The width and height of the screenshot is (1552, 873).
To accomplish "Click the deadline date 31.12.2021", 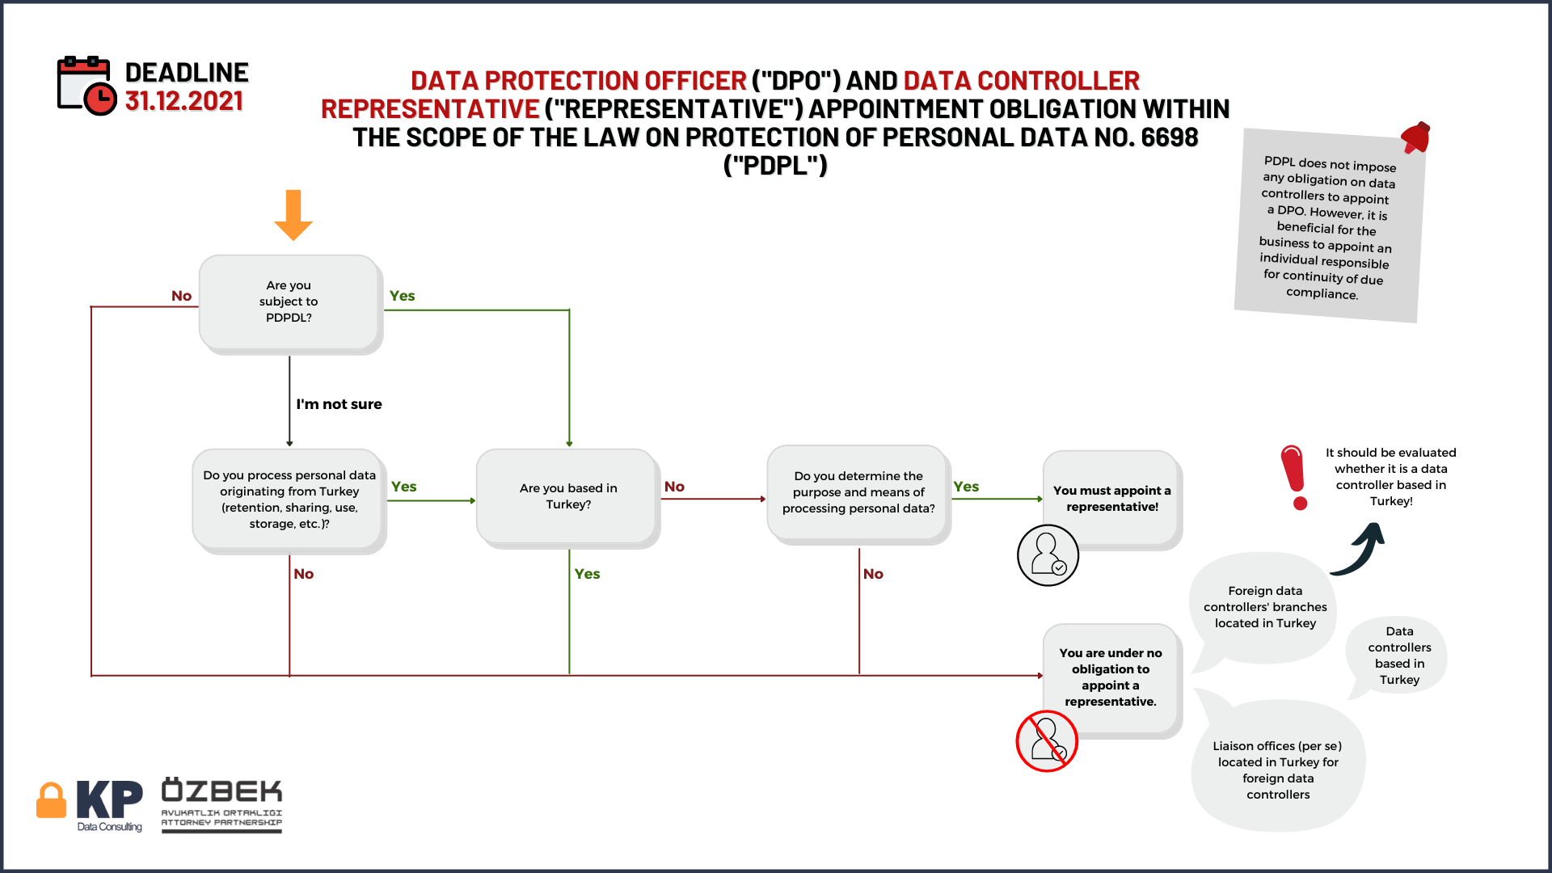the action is (x=184, y=101).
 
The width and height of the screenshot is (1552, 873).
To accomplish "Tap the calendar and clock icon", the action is (x=86, y=86).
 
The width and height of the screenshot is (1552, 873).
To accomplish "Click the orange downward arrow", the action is (x=293, y=215).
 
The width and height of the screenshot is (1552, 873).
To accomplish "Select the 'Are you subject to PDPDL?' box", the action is (x=290, y=303).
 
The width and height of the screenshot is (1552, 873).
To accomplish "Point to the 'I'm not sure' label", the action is (x=339, y=404).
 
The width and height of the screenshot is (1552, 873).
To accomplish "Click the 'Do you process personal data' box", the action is (x=289, y=501).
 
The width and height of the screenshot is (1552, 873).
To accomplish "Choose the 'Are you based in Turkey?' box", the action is (x=568, y=498).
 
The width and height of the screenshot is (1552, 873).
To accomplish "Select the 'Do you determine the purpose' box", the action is (x=858, y=494).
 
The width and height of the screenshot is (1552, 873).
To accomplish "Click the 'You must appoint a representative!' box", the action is (x=1112, y=500).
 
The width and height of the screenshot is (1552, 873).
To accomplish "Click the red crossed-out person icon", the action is (x=1047, y=741).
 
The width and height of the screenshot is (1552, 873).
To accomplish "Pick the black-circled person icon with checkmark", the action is (x=1048, y=555).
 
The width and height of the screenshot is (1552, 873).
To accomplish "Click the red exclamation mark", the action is (x=1295, y=477).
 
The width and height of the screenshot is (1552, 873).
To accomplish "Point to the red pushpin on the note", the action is (x=1416, y=137).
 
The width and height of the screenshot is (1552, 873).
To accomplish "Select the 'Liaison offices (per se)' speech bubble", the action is (x=1278, y=764).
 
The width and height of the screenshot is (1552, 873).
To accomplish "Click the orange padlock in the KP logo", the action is (x=51, y=800).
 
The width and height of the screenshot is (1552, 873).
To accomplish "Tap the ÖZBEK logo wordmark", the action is (x=221, y=789).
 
